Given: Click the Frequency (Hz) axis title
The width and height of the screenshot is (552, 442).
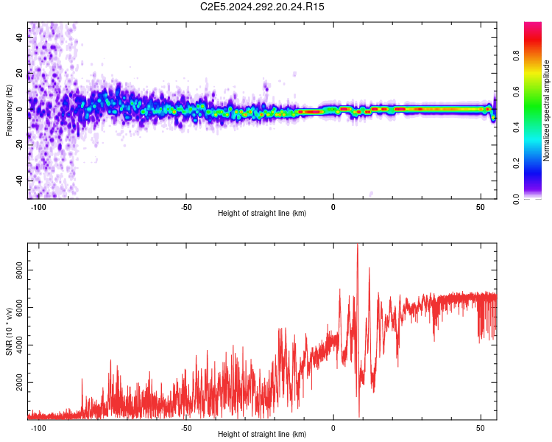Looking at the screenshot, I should click(9, 110).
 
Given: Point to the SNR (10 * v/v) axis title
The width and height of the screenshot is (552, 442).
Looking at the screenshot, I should click(9, 331).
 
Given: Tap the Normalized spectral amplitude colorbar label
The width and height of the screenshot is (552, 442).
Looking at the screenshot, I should click(547, 110).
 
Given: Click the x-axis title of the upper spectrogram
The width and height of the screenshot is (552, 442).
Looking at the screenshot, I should click(262, 213).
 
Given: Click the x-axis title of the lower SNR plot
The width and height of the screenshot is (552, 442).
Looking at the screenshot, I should click(262, 434).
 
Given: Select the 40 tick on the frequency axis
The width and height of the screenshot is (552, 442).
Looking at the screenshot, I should click(20, 38).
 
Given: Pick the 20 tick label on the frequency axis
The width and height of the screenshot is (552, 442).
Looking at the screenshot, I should click(20, 74).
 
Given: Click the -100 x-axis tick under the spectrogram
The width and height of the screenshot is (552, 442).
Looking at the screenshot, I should click(39, 207).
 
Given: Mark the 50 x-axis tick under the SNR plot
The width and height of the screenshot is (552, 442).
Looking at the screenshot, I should click(481, 428).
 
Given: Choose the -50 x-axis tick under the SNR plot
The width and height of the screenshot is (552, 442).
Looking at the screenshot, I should click(186, 428).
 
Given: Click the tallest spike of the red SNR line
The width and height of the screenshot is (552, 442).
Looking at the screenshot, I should click(358, 245).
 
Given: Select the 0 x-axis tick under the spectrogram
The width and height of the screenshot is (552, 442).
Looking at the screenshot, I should click(333, 207).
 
